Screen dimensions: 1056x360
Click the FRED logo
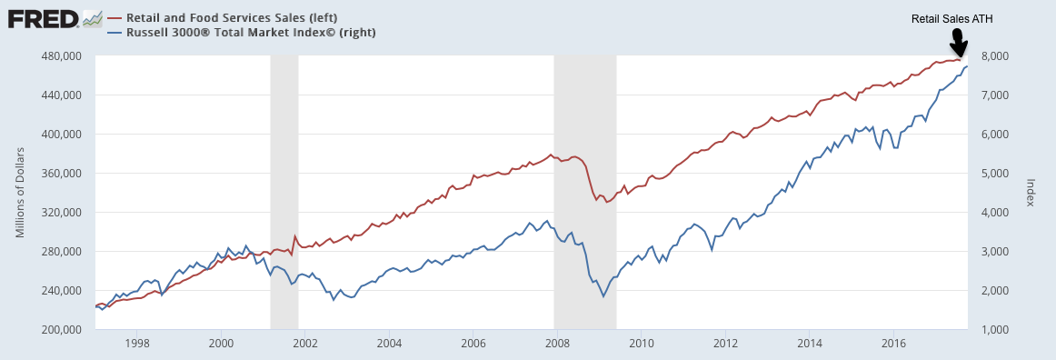(55, 19)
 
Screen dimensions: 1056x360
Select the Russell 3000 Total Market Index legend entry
(242, 32)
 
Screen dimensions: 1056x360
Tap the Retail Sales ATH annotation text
(952, 20)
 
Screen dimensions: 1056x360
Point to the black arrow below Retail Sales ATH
(958, 44)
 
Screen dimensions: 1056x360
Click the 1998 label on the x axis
(136, 343)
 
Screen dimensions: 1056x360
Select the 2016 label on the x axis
(893, 343)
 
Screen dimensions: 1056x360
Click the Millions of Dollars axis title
(20, 192)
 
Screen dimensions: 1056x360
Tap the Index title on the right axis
(1030, 193)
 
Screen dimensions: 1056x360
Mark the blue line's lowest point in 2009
(603, 296)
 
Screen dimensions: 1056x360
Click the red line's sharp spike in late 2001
(295, 236)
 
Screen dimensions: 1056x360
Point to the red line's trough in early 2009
(606, 202)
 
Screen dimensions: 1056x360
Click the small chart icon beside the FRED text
(93, 19)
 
